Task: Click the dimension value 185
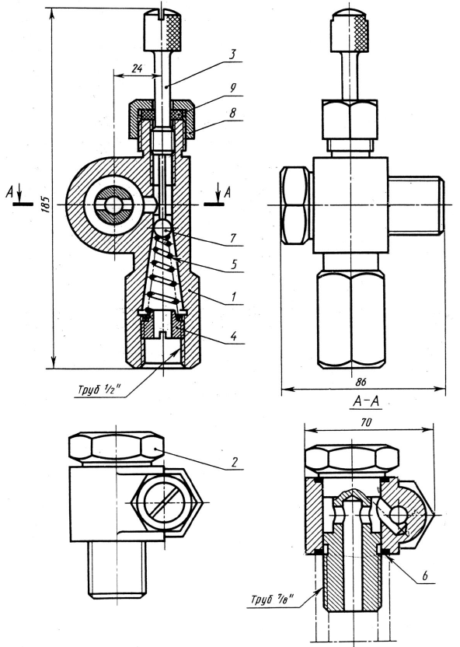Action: (x=46, y=204)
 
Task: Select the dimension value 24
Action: (x=137, y=68)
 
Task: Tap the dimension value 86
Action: (x=361, y=382)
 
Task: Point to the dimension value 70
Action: (x=366, y=422)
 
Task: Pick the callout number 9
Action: (x=233, y=89)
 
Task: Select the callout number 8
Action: (x=233, y=113)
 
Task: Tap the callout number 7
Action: (x=233, y=238)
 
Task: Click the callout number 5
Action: (x=234, y=264)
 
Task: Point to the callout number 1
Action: (x=233, y=297)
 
